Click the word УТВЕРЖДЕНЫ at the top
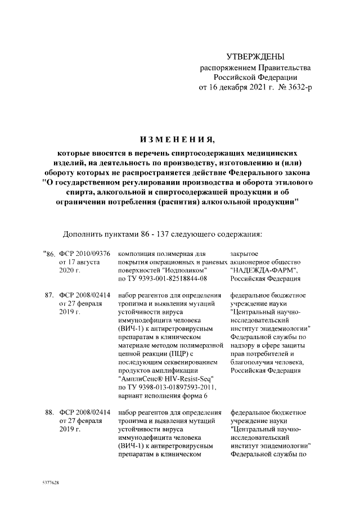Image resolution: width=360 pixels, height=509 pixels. [255, 56]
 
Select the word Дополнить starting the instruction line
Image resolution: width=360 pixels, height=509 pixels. [82, 232]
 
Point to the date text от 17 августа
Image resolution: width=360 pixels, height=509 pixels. [79, 262]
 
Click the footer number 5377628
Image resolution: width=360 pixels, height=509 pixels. [51, 483]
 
